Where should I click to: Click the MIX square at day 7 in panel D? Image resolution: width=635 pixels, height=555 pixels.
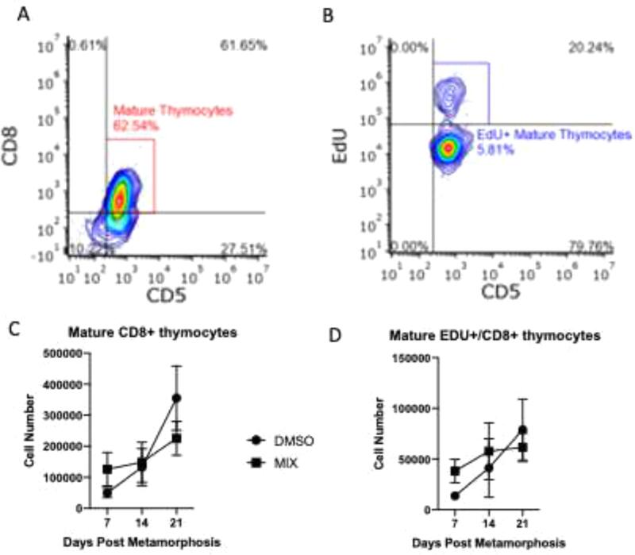pyautogui.click(x=456, y=471)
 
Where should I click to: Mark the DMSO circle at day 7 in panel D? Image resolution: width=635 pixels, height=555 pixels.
pyautogui.click(x=456, y=496)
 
